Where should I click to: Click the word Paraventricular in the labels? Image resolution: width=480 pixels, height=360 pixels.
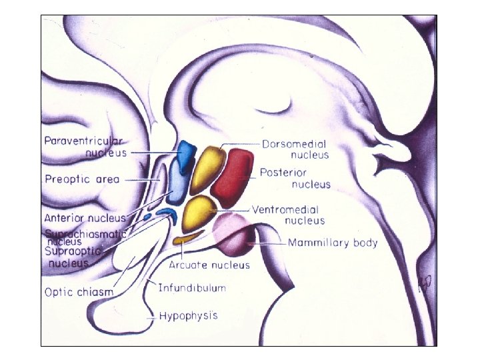[85, 141]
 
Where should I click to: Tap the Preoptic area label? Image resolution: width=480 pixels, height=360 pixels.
[81, 179]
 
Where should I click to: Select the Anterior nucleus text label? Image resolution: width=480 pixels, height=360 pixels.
[85, 218]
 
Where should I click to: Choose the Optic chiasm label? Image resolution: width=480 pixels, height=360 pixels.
[79, 291]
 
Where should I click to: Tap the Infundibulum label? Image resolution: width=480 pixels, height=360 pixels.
[192, 288]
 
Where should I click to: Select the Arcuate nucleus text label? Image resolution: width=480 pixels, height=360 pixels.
[209, 265]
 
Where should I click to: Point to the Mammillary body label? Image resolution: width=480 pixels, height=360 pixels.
[333, 243]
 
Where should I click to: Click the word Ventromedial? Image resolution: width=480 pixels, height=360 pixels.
[285, 209]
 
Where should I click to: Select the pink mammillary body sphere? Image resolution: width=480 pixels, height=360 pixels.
[230, 235]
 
